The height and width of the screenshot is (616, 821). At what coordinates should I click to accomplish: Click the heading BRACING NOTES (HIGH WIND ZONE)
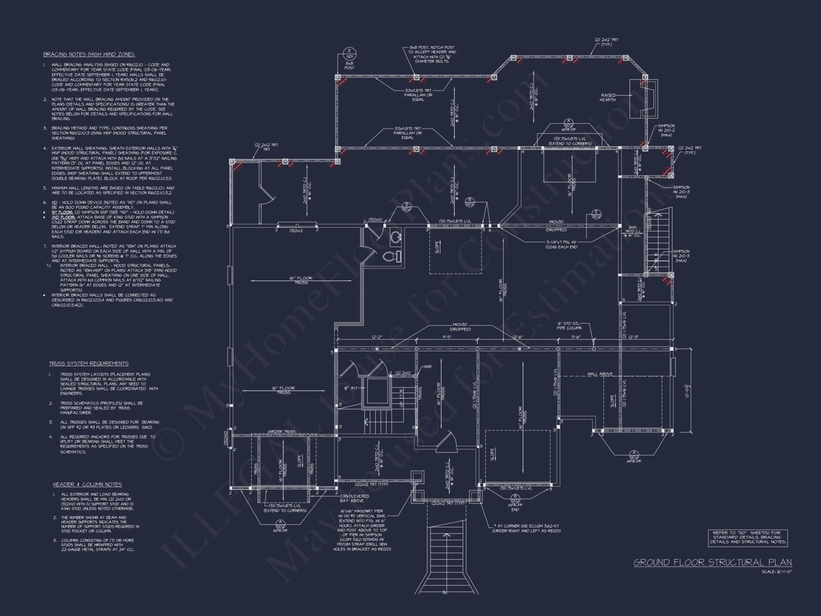pyautogui.click(x=89, y=54)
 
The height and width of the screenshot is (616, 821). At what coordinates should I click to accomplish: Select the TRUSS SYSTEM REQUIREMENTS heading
pyautogui.click(x=89, y=363)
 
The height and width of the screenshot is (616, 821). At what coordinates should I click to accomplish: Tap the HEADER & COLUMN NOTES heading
pyautogui.click(x=87, y=485)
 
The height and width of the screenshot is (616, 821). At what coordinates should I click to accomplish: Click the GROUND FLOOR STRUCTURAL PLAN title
pyautogui.click(x=713, y=562)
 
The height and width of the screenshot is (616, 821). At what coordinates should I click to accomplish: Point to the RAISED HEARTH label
pyautogui.click(x=608, y=97)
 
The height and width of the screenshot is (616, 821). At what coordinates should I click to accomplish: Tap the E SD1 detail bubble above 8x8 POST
pyautogui.click(x=349, y=54)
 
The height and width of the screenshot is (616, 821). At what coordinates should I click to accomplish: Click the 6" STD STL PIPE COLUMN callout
pyautogui.click(x=569, y=326)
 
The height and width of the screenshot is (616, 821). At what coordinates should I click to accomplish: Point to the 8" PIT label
pyautogui.click(x=351, y=388)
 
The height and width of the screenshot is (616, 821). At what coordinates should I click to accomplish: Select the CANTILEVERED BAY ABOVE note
pyautogui.click(x=354, y=498)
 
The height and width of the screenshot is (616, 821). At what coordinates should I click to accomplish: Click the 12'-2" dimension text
pyautogui.click(x=377, y=337)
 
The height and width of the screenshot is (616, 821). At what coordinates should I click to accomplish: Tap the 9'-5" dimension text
pyautogui.click(x=447, y=337)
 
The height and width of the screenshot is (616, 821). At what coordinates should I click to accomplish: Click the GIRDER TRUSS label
pyautogui.click(x=281, y=432)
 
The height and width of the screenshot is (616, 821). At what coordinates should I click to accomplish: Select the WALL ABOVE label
pyautogui.click(x=600, y=374)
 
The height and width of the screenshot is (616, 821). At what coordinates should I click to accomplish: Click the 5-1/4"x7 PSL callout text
pyautogui.click(x=562, y=244)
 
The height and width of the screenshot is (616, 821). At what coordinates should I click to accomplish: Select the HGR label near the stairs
pyautogui.click(x=427, y=367)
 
